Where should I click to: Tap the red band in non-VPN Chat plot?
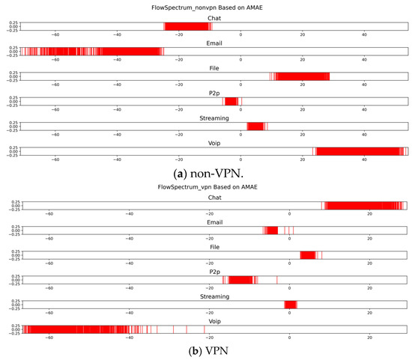[x=187, y=26]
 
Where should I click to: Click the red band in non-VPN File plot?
[x=301, y=76]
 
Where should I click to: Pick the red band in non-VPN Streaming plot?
[x=255, y=126]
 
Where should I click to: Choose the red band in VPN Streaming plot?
[x=291, y=304]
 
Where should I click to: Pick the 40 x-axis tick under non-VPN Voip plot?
[x=364, y=159]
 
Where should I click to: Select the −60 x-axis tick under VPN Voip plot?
[x=48, y=338]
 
